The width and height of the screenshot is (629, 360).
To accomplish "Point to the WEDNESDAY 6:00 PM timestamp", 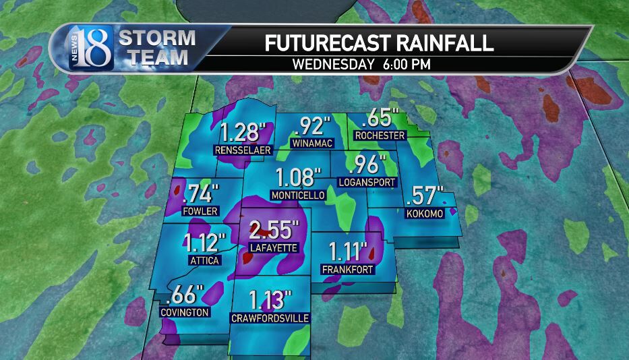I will (x=361, y=65).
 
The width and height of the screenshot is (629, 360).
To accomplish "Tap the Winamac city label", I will (x=309, y=144).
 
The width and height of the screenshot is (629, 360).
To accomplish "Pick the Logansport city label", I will (x=366, y=182).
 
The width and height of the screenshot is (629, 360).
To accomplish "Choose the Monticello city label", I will (x=297, y=196).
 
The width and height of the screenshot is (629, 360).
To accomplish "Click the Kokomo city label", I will (x=425, y=214).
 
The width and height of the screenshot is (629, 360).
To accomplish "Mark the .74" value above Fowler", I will (x=201, y=194).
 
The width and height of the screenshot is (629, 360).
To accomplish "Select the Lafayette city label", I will (x=273, y=248).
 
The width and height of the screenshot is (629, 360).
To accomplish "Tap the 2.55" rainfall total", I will (x=273, y=231).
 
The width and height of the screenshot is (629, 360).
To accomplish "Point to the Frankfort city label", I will (x=348, y=270).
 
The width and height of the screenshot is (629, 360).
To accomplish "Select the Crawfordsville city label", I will (x=270, y=317).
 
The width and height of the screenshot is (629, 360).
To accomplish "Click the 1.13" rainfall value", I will (x=270, y=299).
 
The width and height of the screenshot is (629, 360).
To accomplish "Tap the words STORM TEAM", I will (x=158, y=48).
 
